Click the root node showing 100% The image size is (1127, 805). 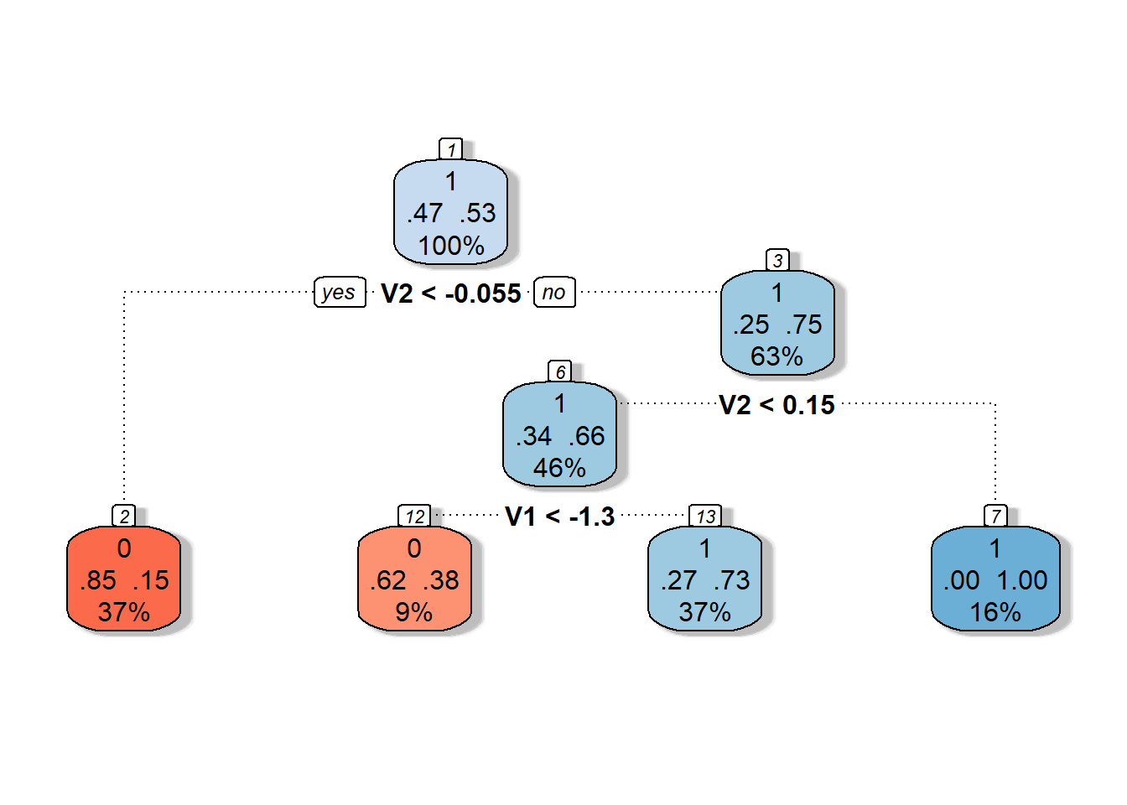point(450,212)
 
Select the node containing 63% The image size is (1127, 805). point(777,323)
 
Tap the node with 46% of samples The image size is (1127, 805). point(559,434)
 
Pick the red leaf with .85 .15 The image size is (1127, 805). point(124,579)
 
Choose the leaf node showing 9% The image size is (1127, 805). point(414,579)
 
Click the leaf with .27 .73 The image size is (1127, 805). point(705,579)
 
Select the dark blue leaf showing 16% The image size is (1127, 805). point(995,579)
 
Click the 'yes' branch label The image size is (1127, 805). point(340,292)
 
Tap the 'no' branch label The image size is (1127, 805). point(554,292)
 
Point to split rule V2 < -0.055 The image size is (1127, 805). point(451,293)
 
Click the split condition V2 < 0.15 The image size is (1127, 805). point(776,405)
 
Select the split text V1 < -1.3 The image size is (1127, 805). point(559,517)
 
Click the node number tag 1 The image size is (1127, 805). point(451,149)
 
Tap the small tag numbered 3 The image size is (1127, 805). point(777,260)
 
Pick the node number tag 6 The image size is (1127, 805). point(560,371)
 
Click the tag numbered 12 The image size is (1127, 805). point(414,515)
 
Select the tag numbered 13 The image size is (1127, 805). point(705,515)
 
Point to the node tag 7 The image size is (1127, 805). point(995,515)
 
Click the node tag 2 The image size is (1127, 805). point(124,515)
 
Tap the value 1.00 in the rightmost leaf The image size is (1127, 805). point(1022,580)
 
